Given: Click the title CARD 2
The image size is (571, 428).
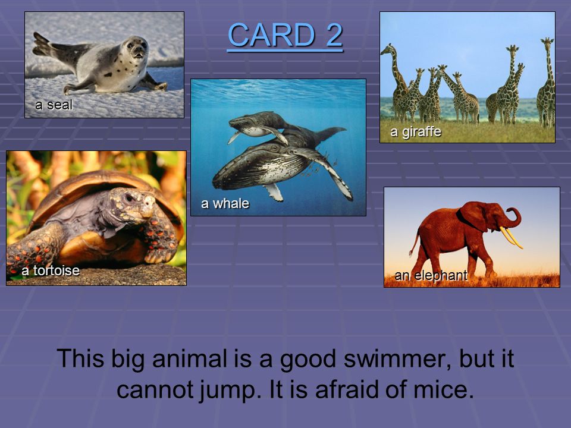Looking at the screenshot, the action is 285,35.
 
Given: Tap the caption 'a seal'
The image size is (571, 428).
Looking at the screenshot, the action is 54,105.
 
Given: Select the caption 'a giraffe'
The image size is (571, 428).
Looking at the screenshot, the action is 416,131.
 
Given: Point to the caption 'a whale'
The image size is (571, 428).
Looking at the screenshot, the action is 225,203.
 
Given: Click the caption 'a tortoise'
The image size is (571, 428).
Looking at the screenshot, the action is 51,270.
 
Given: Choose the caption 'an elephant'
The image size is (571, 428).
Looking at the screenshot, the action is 431,275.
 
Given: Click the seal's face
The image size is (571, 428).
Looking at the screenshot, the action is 136,48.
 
